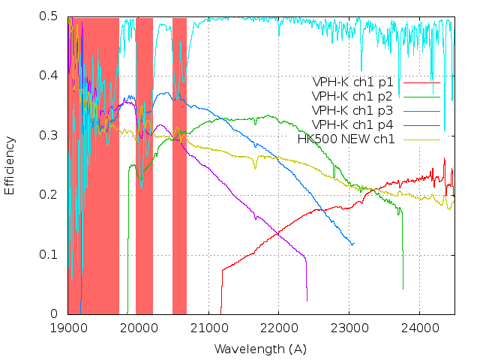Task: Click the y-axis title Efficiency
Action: pyautogui.click(x=10, y=165)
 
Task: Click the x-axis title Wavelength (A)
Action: pyautogui.click(x=260, y=349)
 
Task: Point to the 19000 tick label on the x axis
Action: pyautogui.click(x=68, y=328)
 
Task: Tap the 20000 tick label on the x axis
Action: pyautogui.click(x=138, y=328)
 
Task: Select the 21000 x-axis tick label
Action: pyautogui.click(x=208, y=328)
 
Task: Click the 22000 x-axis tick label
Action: pyautogui.click(x=278, y=328)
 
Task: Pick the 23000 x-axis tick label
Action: pyautogui.click(x=349, y=328)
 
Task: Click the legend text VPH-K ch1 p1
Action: pyautogui.click(x=354, y=82)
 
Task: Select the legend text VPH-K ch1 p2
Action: pyautogui.click(x=354, y=96)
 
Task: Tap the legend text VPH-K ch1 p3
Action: pyautogui.click(x=354, y=110)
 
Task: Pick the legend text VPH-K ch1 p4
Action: pyautogui.click(x=354, y=124)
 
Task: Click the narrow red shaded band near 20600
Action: pyautogui.click(x=179, y=165)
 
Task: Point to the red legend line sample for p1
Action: pyautogui.click(x=421, y=82)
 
